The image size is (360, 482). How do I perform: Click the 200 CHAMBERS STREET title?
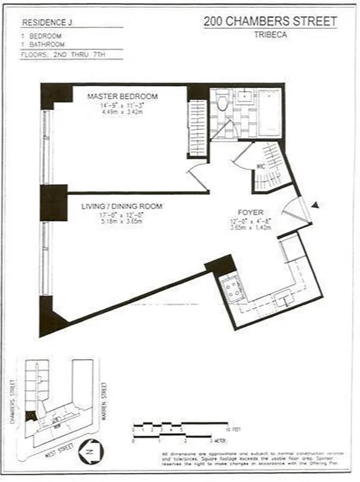pyautogui.click(x=270, y=22)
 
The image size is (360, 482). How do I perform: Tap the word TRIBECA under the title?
pyautogui.click(x=270, y=35)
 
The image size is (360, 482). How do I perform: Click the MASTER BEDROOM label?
pyautogui.click(x=122, y=96)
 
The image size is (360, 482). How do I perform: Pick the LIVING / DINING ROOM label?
pyautogui.click(x=122, y=206)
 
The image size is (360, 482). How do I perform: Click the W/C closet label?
pyautogui.click(x=261, y=166)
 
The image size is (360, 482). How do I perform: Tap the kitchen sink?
pyautogui.click(x=282, y=297)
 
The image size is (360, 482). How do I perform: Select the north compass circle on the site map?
pyautogui.click(x=92, y=452)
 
